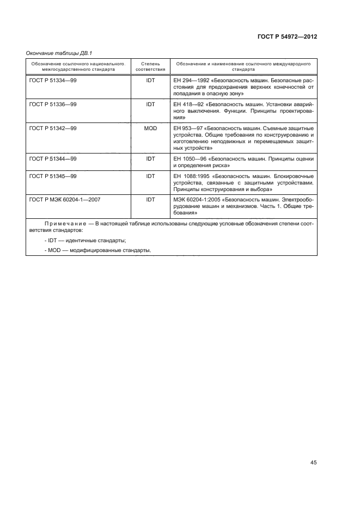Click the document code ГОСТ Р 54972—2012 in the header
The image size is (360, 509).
click(x=286, y=37)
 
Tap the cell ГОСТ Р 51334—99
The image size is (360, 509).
click(x=53, y=80)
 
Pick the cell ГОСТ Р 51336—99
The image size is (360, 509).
click(x=53, y=103)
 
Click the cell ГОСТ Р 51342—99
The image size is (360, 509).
click(x=53, y=128)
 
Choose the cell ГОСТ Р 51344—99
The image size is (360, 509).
click(x=53, y=158)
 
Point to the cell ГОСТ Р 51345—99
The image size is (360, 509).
click(x=53, y=176)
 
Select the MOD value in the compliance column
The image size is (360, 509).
click(x=150, y=128)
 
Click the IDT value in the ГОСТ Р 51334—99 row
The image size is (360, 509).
click(x=150, y=80)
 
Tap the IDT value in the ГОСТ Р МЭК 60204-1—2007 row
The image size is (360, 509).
click(x=150, y=200)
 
